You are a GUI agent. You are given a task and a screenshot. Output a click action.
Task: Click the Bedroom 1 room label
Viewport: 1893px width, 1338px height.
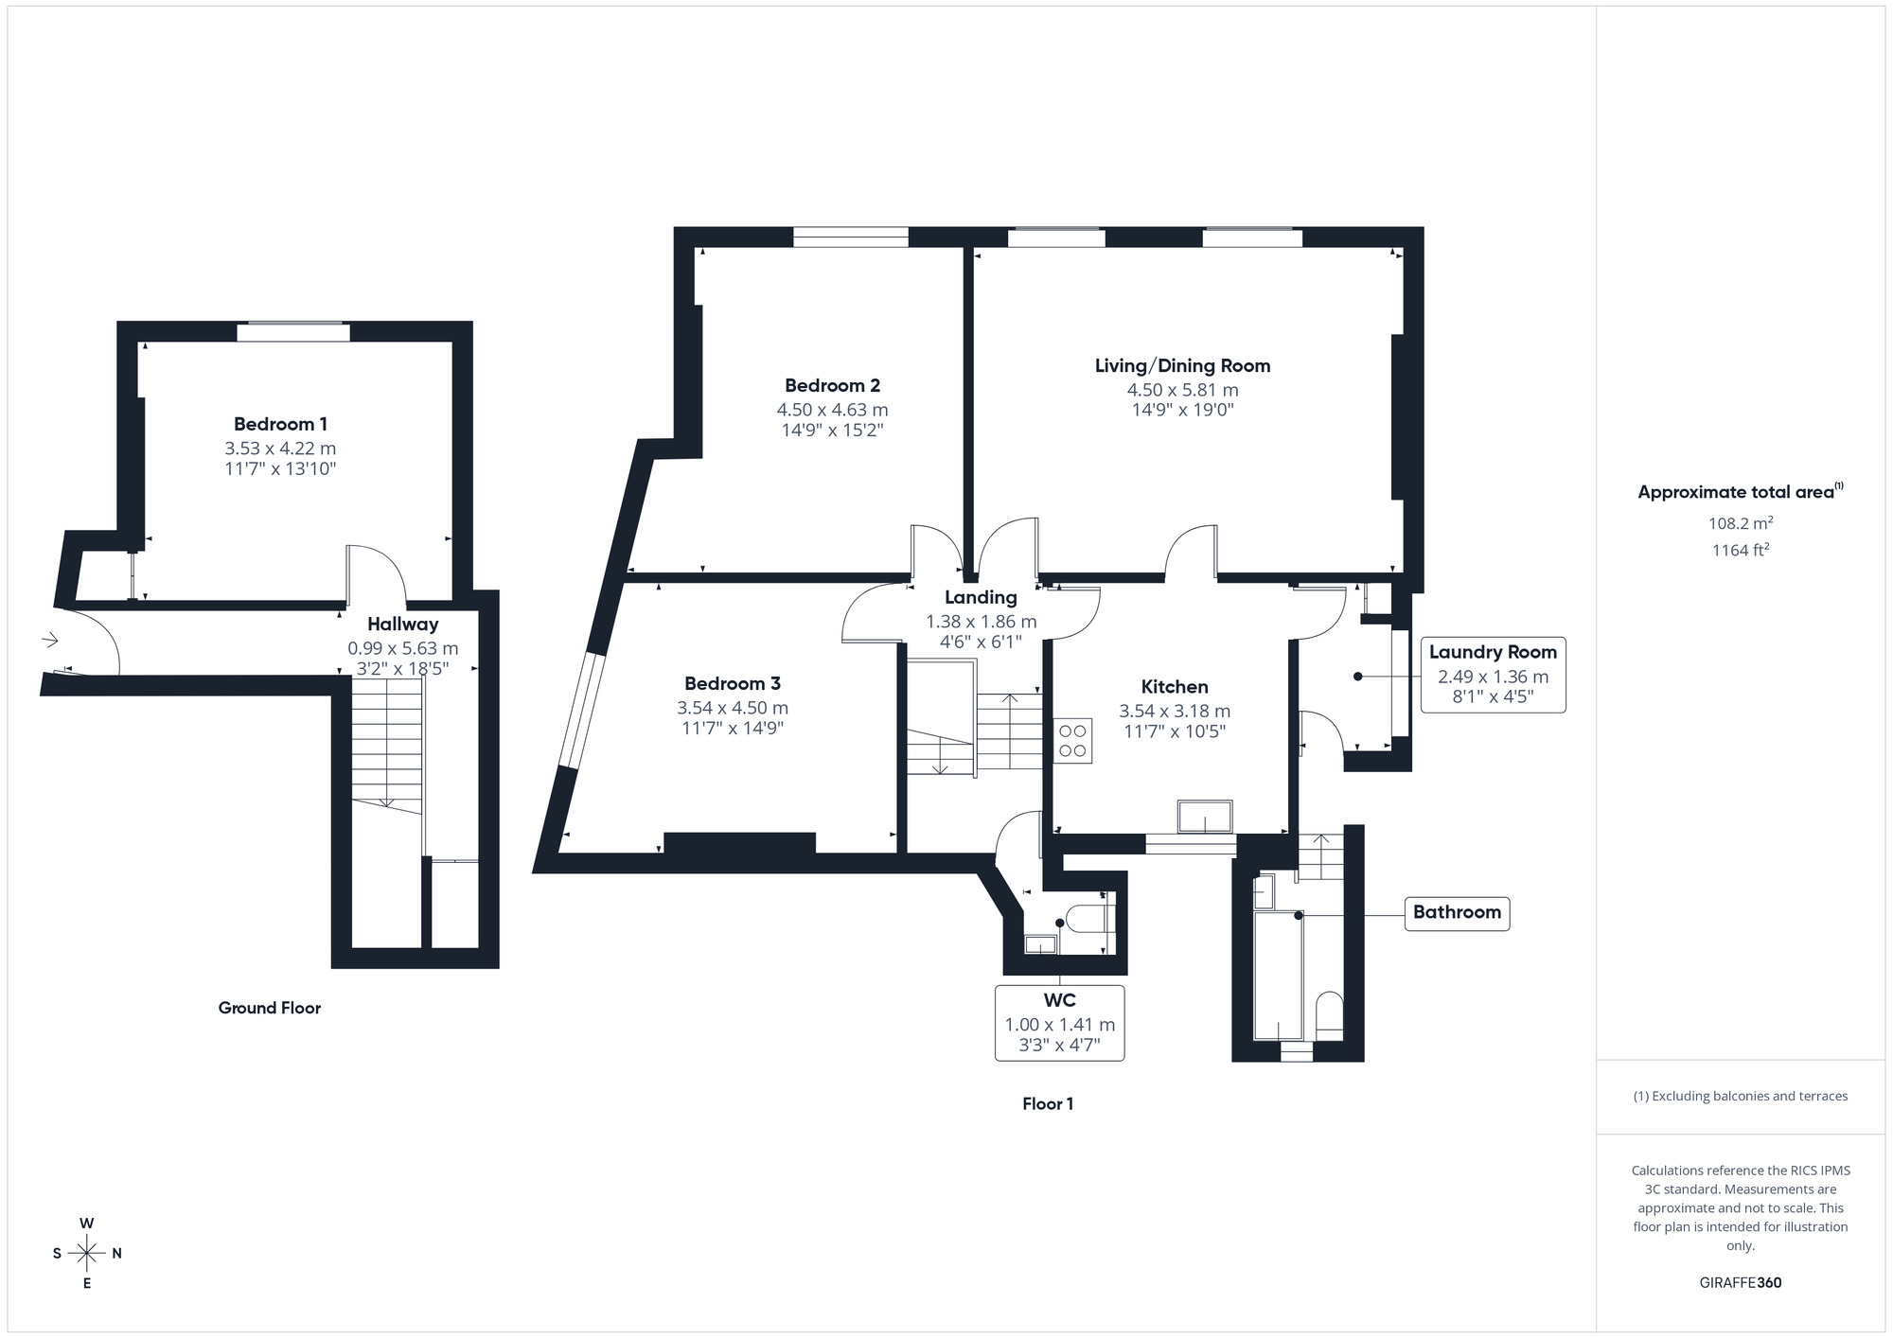click(x=280, y=424)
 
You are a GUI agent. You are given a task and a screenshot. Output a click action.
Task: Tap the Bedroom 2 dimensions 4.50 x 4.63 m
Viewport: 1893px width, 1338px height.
click(x=832, y=410)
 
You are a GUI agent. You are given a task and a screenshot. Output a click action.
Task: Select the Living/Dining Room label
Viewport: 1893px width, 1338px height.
click(x=1182, y=365)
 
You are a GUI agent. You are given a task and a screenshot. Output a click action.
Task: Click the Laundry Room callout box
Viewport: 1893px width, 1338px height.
click(x=1493, y=675)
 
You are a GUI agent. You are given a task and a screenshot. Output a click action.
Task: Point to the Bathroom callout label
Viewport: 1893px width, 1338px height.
click(x=1456, y=912)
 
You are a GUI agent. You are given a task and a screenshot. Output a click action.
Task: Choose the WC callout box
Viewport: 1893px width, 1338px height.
click(x=1059, y=1023)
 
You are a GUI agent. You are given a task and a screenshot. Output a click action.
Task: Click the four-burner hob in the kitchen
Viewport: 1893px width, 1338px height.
click(x=1072, y=741)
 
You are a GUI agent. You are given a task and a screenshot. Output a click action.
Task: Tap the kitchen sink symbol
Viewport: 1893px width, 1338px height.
click(x=1205, y=816)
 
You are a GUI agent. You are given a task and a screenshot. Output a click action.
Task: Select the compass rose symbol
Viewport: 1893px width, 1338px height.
click(x=87, y=1254)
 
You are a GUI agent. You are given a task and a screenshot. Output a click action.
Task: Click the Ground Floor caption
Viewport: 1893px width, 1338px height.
click(x=270, y=1008)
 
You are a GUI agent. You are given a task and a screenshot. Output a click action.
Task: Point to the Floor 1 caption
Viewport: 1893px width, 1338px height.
click(x=1048, y=1103)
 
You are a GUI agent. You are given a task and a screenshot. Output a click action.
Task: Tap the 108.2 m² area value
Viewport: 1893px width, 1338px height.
click(x=1740, y=523)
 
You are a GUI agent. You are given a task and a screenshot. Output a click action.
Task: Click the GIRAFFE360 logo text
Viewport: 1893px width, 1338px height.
click(x=1740, y=1283)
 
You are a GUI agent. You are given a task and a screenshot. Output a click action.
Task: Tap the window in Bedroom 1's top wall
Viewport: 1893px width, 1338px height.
click(x=292, y=332)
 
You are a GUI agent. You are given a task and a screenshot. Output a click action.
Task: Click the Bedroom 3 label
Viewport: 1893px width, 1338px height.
click(x=732, y=683)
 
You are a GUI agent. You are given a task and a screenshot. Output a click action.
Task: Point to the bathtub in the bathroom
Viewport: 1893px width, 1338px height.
click(x=1278, y=975)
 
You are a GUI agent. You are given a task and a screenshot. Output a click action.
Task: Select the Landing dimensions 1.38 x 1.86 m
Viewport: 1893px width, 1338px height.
click(x=981, y=622)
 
